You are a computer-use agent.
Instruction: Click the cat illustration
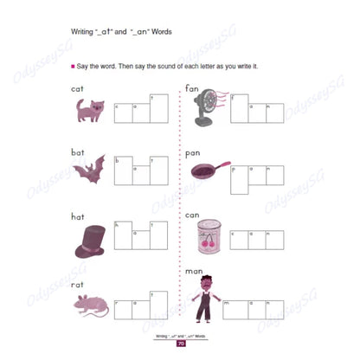87,110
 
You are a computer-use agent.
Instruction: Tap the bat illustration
88,170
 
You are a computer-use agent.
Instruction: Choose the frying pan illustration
207,168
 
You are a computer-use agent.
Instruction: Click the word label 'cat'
77,88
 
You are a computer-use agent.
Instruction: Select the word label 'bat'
77,151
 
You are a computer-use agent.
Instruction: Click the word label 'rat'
76,282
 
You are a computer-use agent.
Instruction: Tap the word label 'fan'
193,88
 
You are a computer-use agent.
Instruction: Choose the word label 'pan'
193,153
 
